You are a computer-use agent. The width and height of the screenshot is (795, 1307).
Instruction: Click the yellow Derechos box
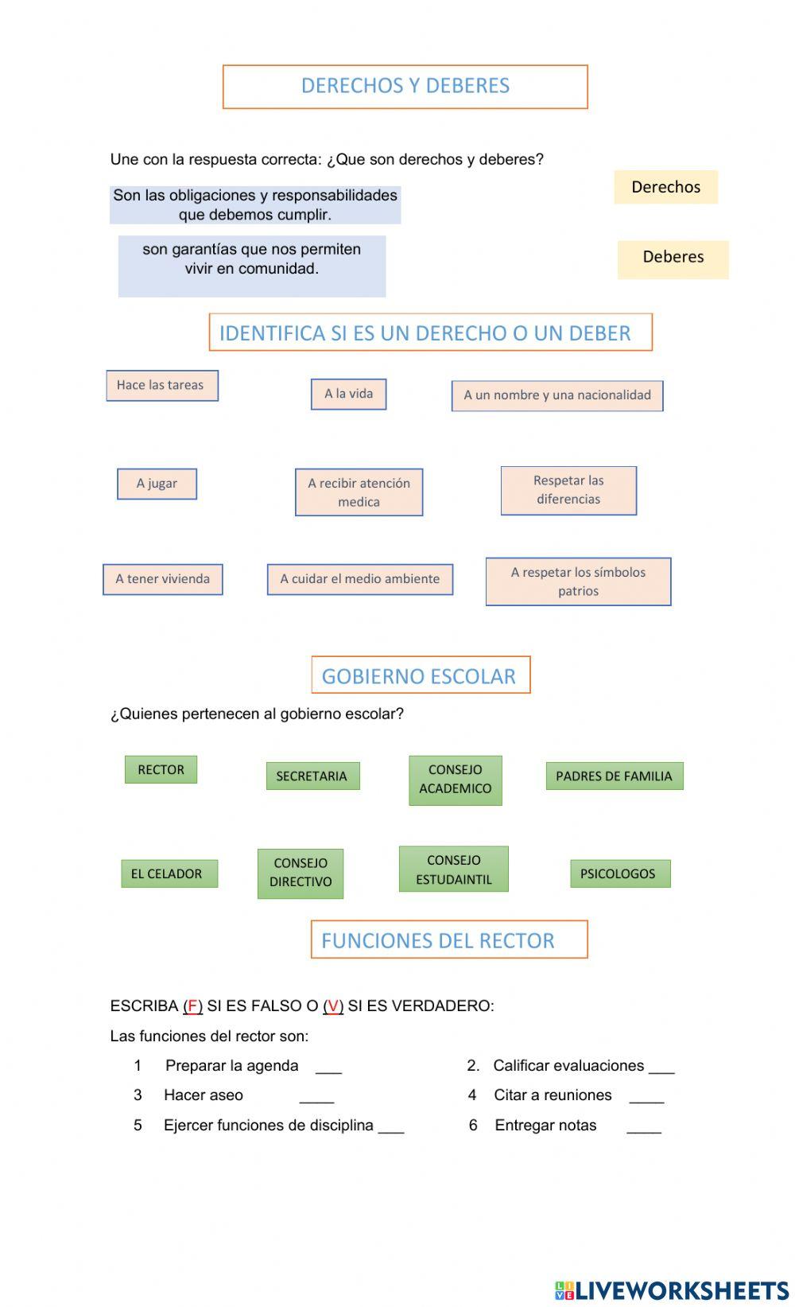pos(665,187)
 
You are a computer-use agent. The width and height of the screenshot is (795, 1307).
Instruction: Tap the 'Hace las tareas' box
pos(162,386)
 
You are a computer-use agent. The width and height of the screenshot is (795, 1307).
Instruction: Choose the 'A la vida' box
pos(348,394)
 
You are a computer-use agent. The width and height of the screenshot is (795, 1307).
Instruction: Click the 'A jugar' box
pos(157,484)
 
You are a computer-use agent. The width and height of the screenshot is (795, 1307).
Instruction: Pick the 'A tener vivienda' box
pos(162,579)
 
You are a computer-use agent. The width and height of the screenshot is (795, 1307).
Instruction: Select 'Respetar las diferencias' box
pos(568,490)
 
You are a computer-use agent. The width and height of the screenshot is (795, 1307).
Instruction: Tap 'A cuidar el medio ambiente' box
pos(359,579)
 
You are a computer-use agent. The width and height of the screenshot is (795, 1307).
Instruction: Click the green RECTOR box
pos(161,769)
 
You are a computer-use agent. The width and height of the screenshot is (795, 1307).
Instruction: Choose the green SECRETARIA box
pos(312,776)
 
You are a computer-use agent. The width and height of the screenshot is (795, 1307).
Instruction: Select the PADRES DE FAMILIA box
pos(614,776)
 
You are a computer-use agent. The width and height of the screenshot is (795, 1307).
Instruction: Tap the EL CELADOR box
pos(169,873)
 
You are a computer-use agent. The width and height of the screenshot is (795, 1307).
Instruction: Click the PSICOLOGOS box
pos(619,873)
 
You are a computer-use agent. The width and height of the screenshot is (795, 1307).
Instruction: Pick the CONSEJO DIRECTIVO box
pos(300,873)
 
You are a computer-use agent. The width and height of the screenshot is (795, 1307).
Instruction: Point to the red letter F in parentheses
pos(192,1006)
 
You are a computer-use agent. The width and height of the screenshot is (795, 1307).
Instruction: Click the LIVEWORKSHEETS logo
pos(671,1289)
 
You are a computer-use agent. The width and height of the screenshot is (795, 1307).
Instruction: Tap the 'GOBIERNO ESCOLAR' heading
pos(420,675)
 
